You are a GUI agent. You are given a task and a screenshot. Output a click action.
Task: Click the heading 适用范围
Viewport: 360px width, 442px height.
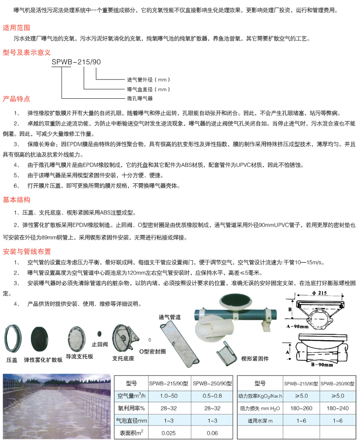click(16, 28)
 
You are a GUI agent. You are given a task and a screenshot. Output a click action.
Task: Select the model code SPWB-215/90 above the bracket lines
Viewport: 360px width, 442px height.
click(76, 62)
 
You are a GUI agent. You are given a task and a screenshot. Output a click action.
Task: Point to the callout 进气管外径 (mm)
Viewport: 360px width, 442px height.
click(143, 80)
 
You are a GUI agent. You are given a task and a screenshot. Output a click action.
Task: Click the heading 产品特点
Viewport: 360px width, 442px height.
click(16, 99)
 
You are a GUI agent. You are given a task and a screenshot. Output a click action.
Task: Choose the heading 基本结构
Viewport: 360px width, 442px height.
click(16, 199)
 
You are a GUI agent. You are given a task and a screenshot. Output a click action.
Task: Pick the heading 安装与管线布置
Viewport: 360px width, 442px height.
click(27, 252)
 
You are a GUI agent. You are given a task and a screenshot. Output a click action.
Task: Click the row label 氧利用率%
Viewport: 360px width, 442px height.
click(131, 408)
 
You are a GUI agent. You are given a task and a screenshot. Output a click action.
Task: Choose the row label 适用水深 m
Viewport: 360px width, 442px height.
click(260, 420)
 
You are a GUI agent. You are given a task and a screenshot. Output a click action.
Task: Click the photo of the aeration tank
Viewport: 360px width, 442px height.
click(56, 406)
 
